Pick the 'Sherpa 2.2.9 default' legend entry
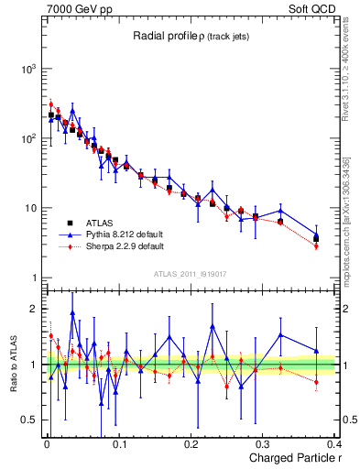(x=124, y=246)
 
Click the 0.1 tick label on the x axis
(x=119, y=445)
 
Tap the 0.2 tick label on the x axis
(x=191, y=445)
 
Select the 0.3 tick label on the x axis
(x=264, y=445)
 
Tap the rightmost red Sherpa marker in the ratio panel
(x=316, y=382)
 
